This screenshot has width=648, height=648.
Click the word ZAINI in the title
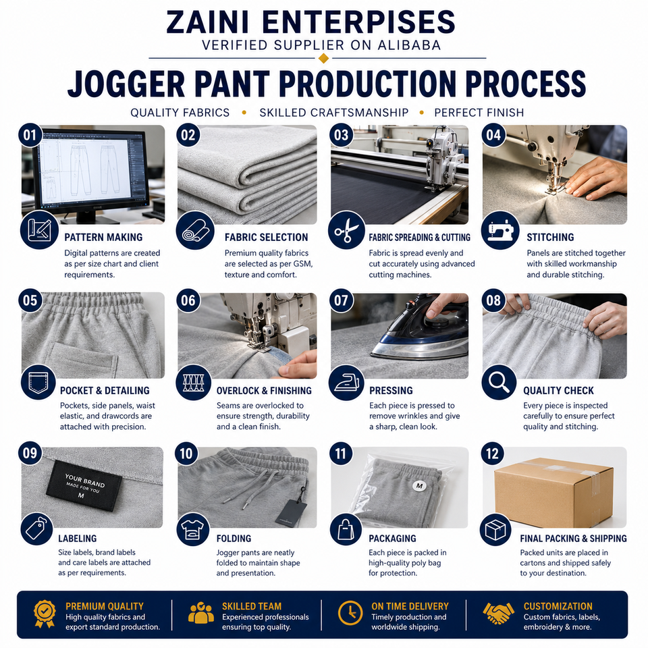(x=207, y=22)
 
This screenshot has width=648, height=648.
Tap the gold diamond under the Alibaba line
(x=323, y=58)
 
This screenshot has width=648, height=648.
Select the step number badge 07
(x=342, y=300)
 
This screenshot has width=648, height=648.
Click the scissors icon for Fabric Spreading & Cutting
(x=346, y=230)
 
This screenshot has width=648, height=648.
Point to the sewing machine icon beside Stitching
(x=500, y=230)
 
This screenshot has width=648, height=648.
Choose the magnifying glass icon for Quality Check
(x=499, y=382)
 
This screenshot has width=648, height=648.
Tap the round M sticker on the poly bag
(x=419, y=486)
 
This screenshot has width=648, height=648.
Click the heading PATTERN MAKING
(x=103, y=237)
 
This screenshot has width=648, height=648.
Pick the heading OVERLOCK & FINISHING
(x=264, y=391)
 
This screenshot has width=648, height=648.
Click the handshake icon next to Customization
(x=499, y=613)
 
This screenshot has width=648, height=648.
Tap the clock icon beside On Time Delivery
(x=350, y=613)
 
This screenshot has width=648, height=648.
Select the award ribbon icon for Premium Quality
(x=45, y=614)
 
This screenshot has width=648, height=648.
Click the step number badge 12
(x=493, y=454)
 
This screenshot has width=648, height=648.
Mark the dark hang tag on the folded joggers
(x=292, y=512)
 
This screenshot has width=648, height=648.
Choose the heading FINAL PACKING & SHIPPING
(x=573, y=539)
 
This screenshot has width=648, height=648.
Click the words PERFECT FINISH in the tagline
(x=479, y=113)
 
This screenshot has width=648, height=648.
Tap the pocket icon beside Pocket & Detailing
(x=38, y=382)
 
